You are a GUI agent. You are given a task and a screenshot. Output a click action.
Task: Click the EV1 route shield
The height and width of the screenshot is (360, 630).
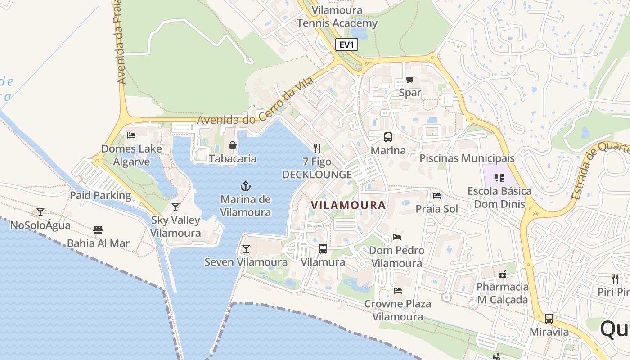346,45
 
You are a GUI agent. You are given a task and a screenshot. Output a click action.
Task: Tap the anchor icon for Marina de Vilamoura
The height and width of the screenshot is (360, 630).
245,186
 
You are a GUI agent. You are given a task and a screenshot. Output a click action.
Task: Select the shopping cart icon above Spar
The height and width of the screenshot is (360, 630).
409,80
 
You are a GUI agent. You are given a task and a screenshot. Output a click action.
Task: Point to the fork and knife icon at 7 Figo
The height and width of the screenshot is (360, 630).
317,148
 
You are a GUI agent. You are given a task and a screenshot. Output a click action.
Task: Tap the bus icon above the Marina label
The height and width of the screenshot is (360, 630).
388,137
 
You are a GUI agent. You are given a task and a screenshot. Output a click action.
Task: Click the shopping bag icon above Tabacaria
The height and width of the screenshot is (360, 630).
233,145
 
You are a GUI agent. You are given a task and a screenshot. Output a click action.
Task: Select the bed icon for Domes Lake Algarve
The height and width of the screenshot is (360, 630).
131,135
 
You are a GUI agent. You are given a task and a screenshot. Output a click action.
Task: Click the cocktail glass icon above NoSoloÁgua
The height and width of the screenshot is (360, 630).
40,211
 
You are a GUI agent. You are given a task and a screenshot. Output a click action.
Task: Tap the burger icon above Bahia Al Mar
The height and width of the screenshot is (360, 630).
98,230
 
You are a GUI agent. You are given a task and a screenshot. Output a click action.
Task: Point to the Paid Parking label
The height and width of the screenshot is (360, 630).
100,195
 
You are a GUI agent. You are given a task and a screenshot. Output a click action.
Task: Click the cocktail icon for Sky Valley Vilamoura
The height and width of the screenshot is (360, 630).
175,207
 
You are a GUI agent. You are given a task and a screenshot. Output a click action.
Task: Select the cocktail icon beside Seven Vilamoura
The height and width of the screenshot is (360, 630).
246,249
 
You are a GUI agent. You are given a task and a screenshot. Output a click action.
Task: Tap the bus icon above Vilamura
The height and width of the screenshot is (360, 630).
323,249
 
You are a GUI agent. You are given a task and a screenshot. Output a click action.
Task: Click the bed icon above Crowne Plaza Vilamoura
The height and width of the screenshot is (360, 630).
397,291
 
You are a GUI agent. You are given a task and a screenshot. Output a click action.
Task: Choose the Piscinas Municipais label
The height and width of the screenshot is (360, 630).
467,158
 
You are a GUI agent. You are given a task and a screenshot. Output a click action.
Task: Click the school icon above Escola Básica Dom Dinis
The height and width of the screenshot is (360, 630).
499,178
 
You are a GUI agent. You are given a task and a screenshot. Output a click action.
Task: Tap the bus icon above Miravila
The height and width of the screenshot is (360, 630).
549,319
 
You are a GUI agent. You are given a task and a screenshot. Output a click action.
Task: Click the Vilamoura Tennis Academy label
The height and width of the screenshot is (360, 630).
337,17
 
